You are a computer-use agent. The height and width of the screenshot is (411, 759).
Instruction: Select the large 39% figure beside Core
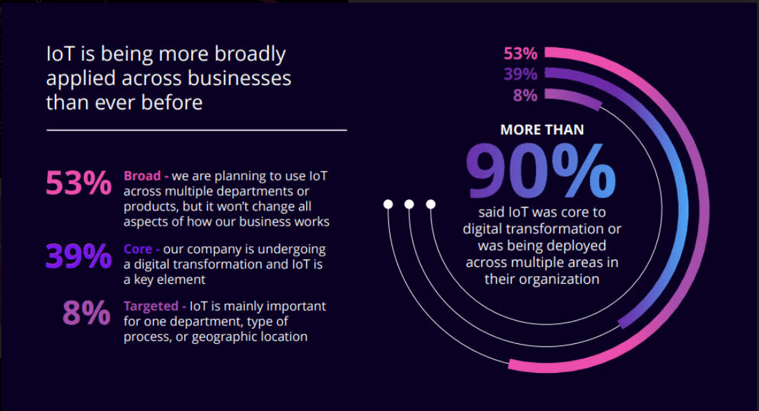click(x=78, y=257)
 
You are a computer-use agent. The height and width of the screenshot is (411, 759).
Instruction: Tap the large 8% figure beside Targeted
click(x=87, y=313)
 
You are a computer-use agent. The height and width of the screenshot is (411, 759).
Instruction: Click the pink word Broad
click(x=143, y=176)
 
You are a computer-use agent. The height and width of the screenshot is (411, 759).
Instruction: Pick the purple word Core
click(x=139, y=249)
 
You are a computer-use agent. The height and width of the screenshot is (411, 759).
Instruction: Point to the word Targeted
click(x=150, y=306)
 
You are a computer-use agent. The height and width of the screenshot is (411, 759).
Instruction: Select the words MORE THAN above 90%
click(x=542, y=129)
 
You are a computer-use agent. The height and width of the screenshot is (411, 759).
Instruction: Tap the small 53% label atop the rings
click(x=520, y=53)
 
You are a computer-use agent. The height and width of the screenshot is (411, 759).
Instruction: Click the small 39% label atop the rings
click(x=520, y=74)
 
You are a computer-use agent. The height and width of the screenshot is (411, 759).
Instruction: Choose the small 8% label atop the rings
click(x=525, y=95)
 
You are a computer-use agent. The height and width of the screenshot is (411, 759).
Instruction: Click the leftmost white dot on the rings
click(x=389, y=204)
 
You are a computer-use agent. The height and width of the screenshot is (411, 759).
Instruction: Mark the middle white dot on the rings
click(x=409, y=204)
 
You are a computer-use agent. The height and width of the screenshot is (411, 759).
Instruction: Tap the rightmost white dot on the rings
click(x=431, y=204)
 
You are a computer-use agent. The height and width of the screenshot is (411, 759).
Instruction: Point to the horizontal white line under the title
click(x=196, y=129)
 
